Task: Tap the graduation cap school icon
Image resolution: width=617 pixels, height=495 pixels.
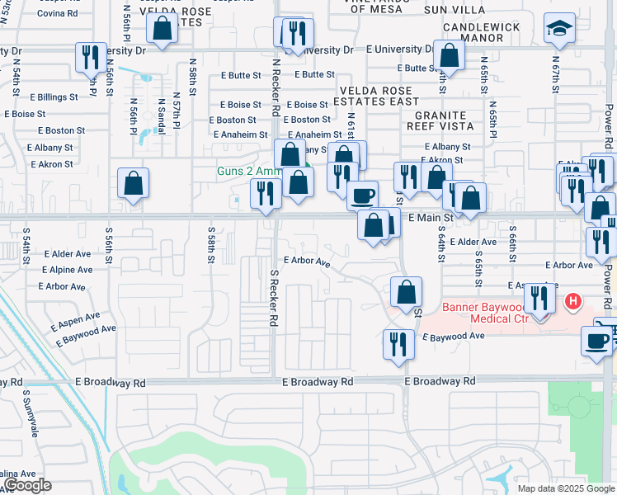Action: [559, 30]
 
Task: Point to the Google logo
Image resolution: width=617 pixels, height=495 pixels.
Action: [27, 485]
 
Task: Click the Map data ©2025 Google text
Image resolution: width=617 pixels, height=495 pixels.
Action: [565, 488]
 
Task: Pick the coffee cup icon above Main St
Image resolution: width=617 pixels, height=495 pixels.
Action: [362, 196]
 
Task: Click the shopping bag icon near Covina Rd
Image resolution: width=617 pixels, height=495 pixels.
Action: [163, 27]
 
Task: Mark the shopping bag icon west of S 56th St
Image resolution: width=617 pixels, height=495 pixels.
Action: [133, 184]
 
